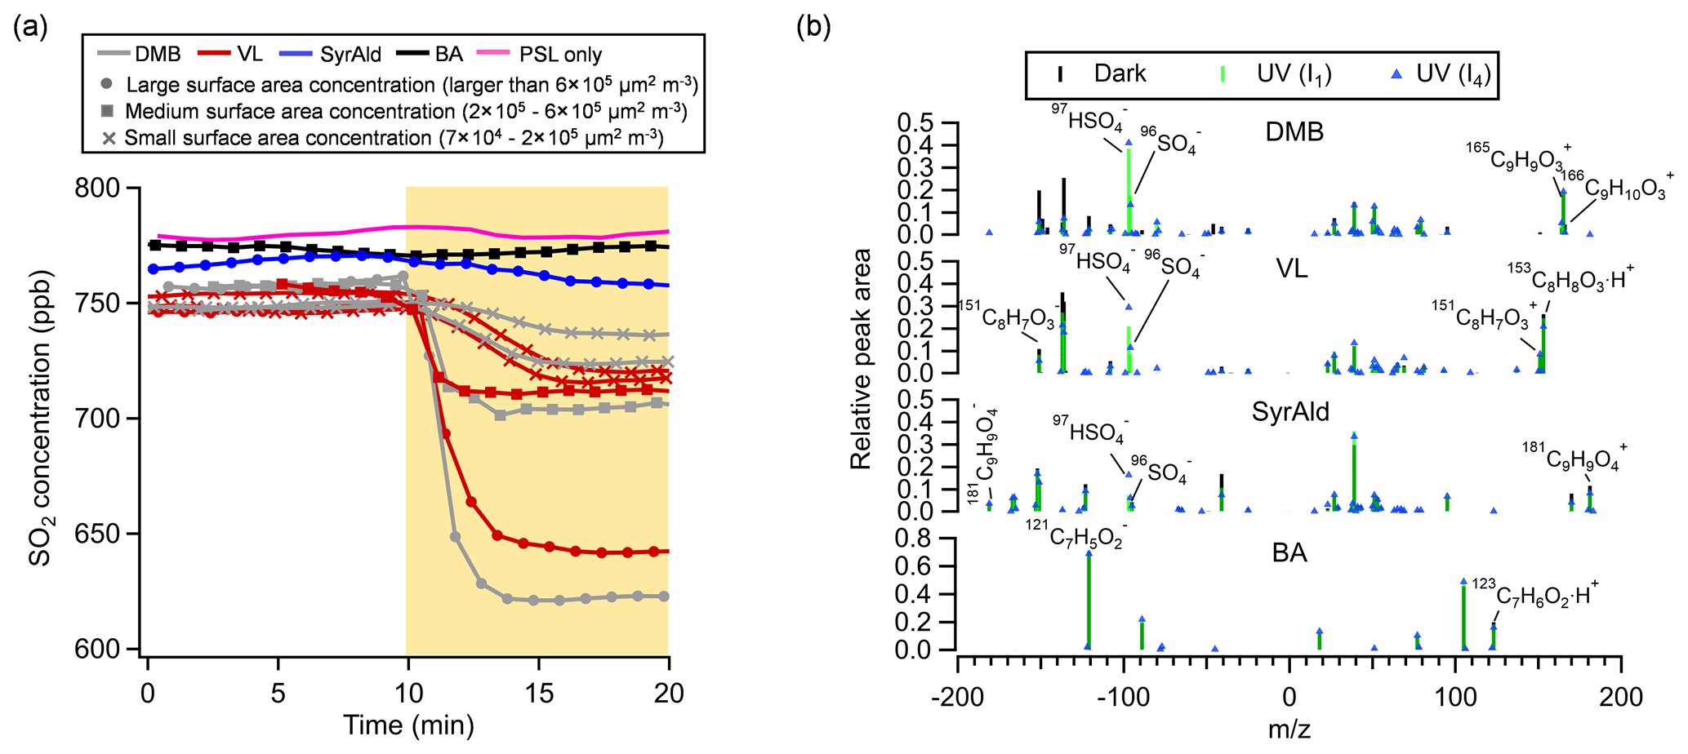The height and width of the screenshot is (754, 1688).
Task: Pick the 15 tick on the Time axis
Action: pyautogui.click(x=539, y=694)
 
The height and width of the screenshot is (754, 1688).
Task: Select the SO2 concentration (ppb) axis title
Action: pyautogui.click(x=41, y=419)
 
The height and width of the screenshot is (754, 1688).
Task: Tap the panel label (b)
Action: pyautogui.click(x=813, y=27)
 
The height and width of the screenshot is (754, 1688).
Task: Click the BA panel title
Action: pyautogui.click(x=1289, y=553)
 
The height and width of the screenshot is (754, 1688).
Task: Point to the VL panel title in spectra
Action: pyautogui.click(x=1291, y=268)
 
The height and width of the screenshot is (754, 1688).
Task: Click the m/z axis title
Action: pyautogui.click(x=1289, y=729)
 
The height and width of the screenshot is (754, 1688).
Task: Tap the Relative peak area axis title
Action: pyautogui.click(x=861, y=359)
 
